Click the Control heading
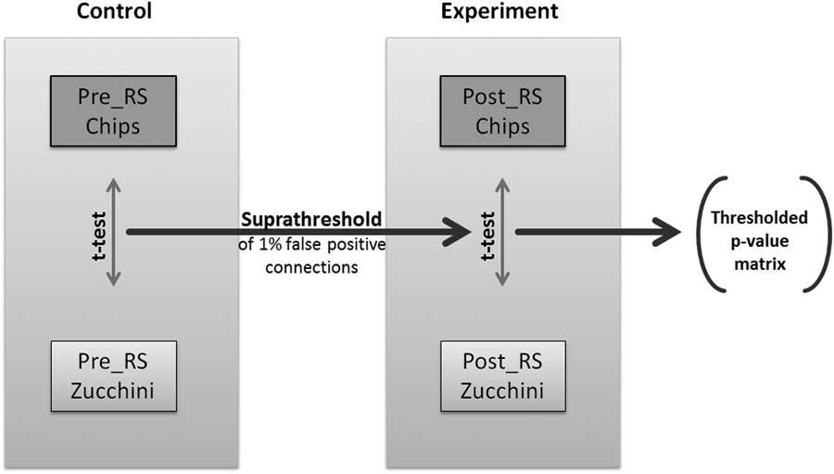coord(113,12)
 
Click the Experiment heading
coord(499,12)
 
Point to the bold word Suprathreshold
coord(311,221)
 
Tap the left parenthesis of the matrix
coord(703,234)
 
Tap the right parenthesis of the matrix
coord(815,234)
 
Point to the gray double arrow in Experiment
coord(503,233)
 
